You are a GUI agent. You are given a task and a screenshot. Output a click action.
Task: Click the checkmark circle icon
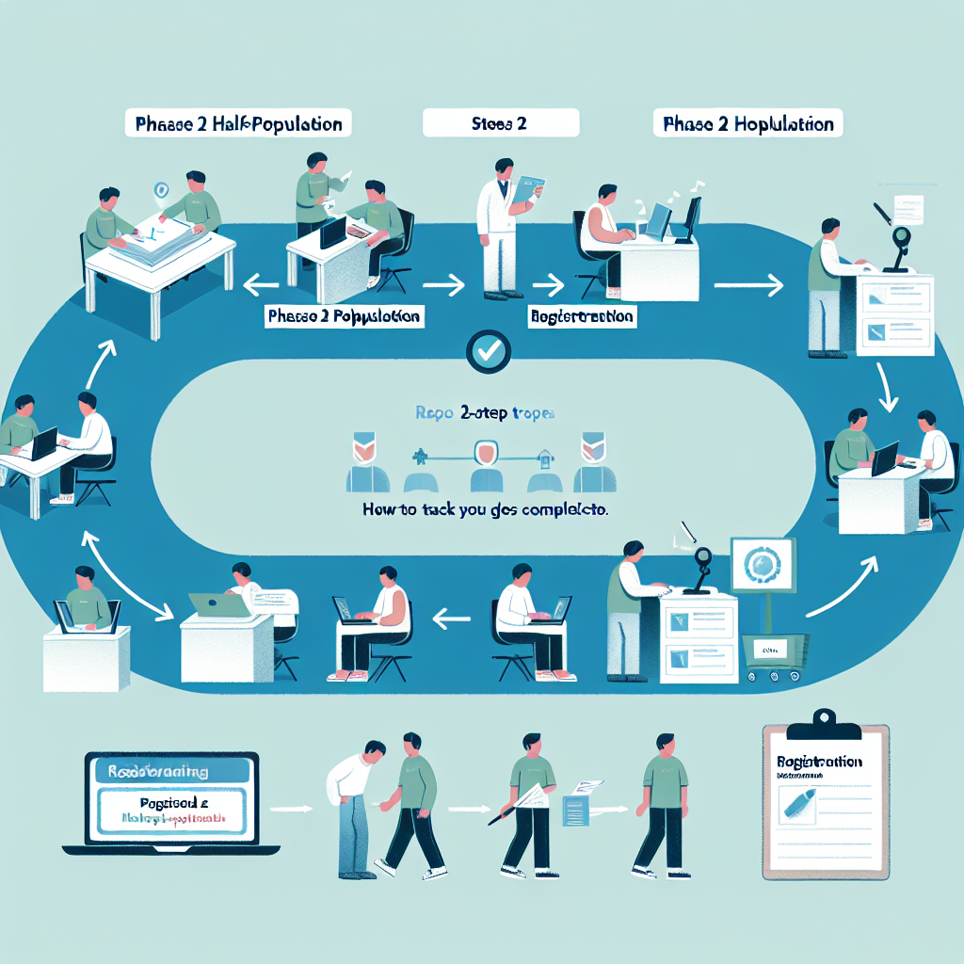click(x=489, y=351)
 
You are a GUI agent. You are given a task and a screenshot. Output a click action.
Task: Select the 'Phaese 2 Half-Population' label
click(x=239, y=123)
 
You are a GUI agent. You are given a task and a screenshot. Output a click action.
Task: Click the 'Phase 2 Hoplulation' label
click(x=748, y=123)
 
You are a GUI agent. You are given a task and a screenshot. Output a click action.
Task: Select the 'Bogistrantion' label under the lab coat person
click(x=582, y=316)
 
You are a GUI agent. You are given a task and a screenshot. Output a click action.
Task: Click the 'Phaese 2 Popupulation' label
click(x=344, y=316)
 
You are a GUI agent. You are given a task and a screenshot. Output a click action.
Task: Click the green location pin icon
click(x=163, y=189)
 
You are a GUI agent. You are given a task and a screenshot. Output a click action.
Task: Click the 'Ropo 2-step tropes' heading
click(x=485, y=412)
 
